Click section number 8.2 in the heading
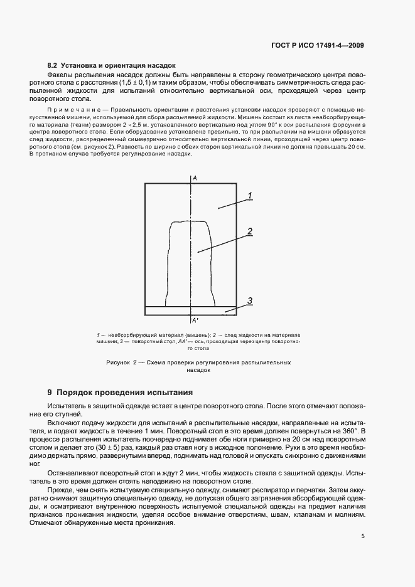(x=53, y=65)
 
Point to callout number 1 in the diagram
(x=249, y=196)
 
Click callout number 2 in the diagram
(x=249, y=231)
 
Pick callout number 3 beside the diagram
(x=249, y=301)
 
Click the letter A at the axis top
(x=195, y=179)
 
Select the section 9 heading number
(x=50, y=392)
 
